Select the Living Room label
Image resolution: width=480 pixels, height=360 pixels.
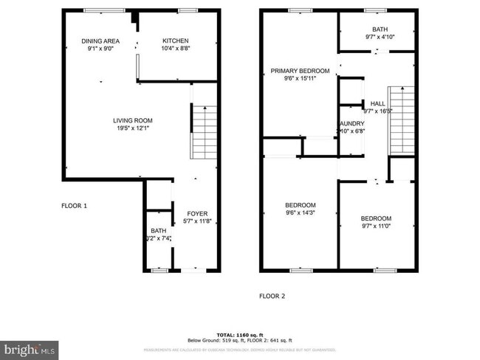coord(132,120)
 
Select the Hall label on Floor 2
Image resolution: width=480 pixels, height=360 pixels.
coord(377,104)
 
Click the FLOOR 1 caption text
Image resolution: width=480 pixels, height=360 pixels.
coord(74,206)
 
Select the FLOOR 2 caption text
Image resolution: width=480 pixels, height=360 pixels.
coord(272,296)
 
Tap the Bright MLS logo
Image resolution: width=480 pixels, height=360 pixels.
coord(30,347)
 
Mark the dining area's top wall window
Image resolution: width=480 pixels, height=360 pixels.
coord(94,10)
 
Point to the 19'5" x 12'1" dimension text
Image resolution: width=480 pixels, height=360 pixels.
coord(132,128)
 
